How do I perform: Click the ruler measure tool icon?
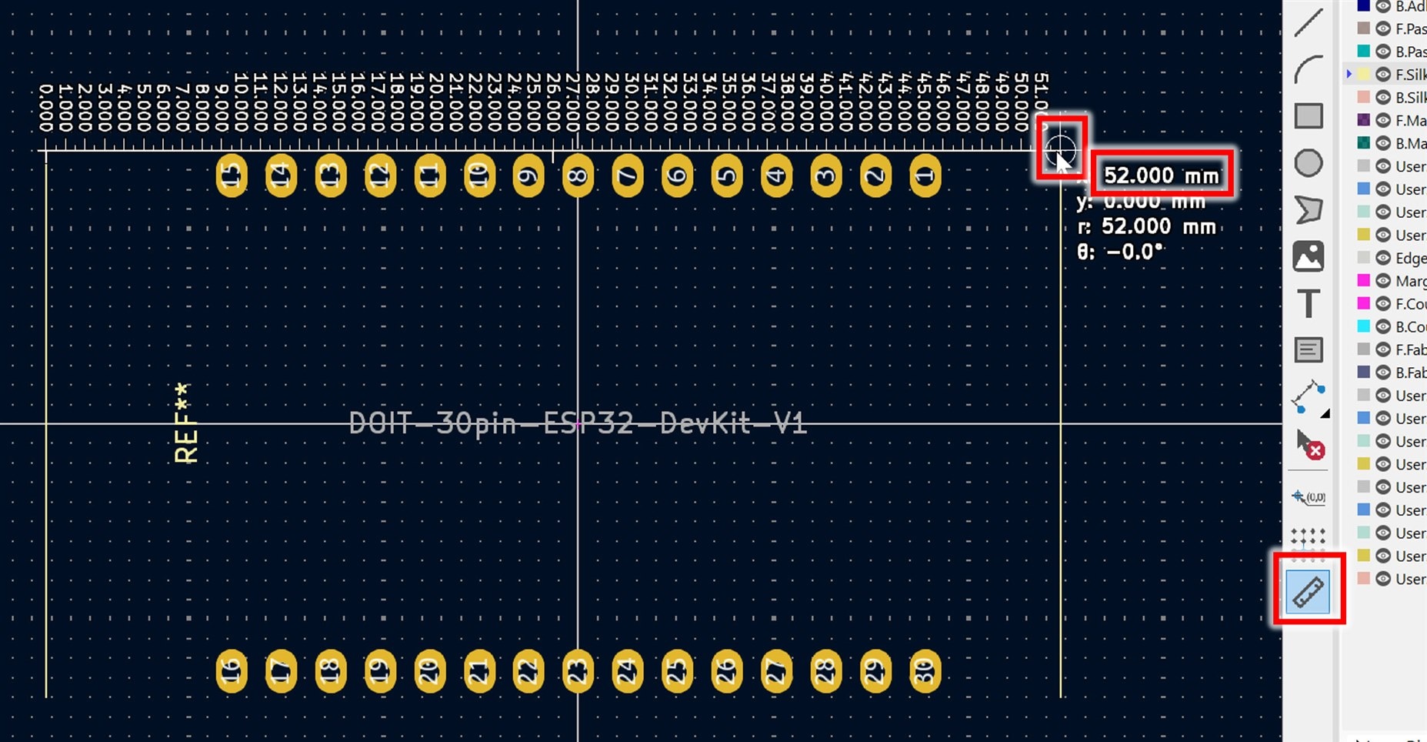point(1308,592)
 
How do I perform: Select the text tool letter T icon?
point(1309,303)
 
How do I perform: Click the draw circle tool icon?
point(1309,163)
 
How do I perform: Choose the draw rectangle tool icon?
point(1309,116)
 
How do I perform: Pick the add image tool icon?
point(1309,256)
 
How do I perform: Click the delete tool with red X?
point(1310,444)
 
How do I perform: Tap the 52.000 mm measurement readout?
point(1161,175)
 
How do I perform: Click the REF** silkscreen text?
point(185,423)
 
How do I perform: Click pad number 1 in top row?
point(925,176)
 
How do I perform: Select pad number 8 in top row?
point(578,176)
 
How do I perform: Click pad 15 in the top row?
point(232,176)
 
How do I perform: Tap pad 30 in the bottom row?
point(925,671)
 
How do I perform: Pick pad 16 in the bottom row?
point(232,671)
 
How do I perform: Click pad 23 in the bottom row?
point(578,671)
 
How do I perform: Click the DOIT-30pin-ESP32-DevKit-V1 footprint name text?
point(577,423)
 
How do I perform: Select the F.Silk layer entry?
point(1409,75)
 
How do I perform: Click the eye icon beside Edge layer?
point(1383,258)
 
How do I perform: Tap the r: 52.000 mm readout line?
point(1147,226)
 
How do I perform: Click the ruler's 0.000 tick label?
point(46,108)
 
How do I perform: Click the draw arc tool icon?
point(1309,69)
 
